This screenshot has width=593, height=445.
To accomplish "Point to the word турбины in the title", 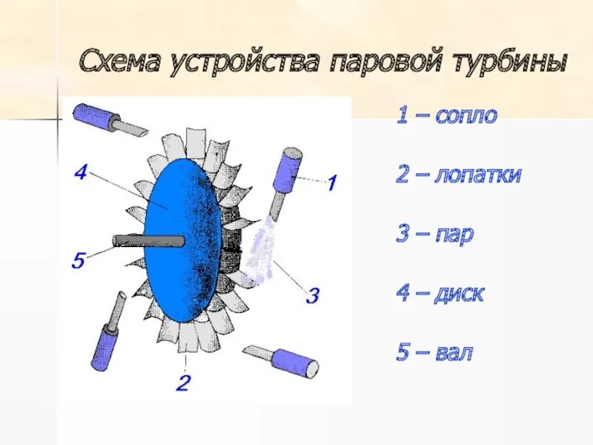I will [507, 61].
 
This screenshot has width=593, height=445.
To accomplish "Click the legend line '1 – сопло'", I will [446, 116].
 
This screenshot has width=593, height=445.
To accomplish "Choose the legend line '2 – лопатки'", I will [459, 176].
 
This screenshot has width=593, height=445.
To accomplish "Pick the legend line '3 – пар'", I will [435, 235].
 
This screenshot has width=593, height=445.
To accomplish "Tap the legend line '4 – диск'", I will [440, 294].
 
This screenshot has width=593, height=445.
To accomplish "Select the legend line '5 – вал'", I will [434, 352].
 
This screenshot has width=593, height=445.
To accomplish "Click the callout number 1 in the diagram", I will [332, 182].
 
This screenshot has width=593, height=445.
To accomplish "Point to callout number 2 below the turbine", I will [183, 383].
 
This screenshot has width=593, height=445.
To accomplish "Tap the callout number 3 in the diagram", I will [312, 296].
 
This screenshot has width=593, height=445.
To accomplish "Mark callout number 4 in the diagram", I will [82, 173].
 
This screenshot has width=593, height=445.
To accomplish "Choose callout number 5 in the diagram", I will [79, 260].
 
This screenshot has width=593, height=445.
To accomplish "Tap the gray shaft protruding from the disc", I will [148, 241].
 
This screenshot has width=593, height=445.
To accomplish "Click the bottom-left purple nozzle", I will [106, 337].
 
